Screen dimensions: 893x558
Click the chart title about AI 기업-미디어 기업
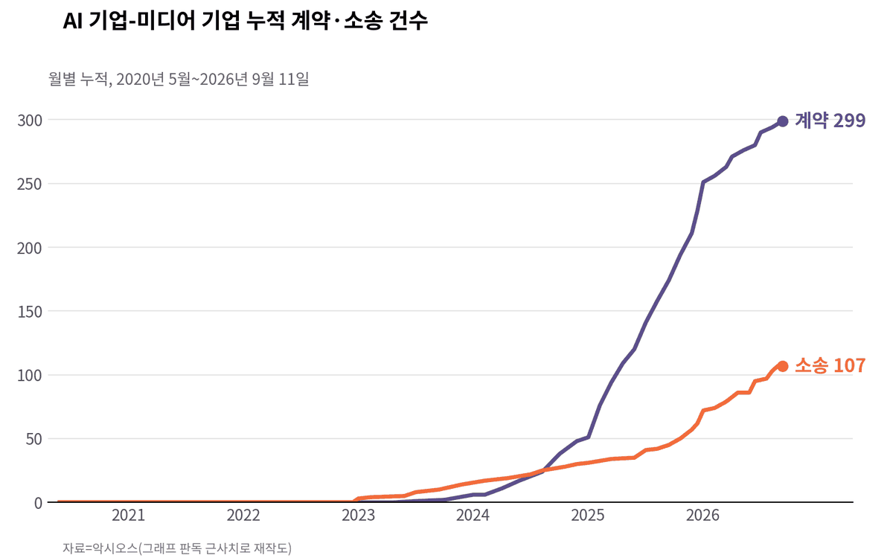[x=245, y=21]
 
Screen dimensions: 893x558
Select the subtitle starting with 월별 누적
[x=179, y=79]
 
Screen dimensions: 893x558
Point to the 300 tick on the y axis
[x=30, y=121]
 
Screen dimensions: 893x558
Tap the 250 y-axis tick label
[x=30, y=185]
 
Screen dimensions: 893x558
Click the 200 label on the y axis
[x=30, y=248]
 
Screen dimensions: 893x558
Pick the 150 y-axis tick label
[x=30, y=312]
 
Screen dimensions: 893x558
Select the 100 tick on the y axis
[x=30, y=376]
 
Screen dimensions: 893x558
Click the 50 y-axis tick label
[x=34, y=439]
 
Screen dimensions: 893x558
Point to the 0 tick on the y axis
[x=38, y=503]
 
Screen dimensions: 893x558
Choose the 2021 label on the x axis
[x=128, y=516]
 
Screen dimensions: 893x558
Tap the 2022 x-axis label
[x=243, y=516]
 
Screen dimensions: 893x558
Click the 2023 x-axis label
[x=359, y=516]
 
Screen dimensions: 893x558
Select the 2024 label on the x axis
[x=473, y=516]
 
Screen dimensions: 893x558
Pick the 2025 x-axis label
[x=588, y=516]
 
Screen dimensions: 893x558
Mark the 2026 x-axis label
[x=702, y=516]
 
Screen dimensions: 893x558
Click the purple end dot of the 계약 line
[x=783, y=121]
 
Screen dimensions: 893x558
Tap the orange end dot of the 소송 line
[x=783, y=366]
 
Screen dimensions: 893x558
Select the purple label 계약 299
[x=830, y=121]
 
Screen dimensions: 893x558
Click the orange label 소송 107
[x=830, y=365]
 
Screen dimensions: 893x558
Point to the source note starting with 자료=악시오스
[x=177, y=548]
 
